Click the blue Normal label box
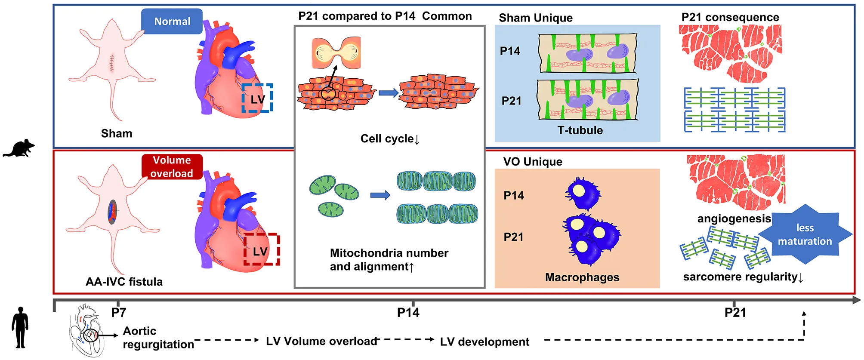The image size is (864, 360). (x=172, y=22)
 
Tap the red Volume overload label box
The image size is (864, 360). (x=172, y=166)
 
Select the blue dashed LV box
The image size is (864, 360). (x=257, y=98)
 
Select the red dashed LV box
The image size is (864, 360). (x=261, y=249)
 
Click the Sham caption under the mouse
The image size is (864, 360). (x=117, y=133)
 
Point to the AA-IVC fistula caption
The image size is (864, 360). (x=124, y=282)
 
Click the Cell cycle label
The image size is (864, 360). (x=389, y=138)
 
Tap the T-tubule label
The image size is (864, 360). (x=580, y=130)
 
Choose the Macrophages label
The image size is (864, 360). (x=582, y=277)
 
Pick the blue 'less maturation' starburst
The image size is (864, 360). (x=805, y=234)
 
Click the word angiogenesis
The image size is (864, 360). (x=734, y=218)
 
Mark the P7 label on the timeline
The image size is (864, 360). (x=118, y=312)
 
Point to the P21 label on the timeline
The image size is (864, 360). (x=735, y=313)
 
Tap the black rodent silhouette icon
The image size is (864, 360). (x=19, y=148)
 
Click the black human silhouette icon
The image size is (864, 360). (x=20, y=327)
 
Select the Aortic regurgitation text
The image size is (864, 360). (x=158, y=338)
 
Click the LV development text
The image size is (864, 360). (x=484, y=342)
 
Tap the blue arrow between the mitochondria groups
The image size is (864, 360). (x=380, y=195)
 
